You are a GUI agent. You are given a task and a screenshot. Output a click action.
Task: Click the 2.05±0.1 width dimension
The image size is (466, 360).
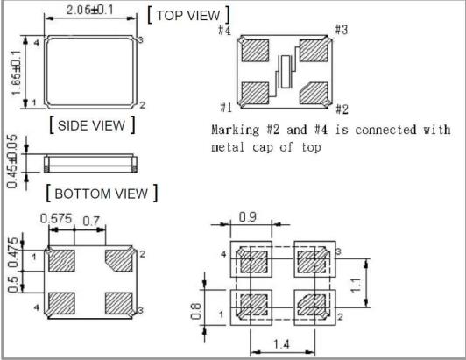89,10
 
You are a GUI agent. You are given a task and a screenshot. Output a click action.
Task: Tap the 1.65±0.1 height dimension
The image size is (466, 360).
16,73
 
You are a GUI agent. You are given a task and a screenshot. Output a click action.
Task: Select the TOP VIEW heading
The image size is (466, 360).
188,15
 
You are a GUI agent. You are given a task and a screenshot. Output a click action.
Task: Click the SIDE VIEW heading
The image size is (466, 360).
91,125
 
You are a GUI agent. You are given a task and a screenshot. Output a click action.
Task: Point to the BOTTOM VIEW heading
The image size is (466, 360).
102,194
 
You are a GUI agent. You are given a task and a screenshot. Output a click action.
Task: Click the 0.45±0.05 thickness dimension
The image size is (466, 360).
12,161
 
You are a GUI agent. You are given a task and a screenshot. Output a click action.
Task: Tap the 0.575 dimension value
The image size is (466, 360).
56,218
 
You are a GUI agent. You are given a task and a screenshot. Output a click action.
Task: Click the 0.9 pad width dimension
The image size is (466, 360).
248,217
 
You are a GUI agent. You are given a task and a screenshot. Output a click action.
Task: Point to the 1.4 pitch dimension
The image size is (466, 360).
281,344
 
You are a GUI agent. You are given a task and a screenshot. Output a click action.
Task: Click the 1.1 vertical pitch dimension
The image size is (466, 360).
355,286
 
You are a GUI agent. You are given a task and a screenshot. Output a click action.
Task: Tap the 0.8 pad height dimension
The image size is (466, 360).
195,311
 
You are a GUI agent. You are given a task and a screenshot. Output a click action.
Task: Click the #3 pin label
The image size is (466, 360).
342,30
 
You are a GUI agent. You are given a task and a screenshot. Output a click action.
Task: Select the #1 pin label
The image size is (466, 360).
226,108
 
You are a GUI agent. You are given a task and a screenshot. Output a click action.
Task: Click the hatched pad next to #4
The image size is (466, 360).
255,51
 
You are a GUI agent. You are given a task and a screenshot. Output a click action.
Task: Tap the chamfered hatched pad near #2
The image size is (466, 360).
314,93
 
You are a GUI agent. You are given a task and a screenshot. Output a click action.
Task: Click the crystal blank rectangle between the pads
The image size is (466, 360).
286,72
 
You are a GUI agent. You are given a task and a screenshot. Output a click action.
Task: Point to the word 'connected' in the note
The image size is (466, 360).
385,130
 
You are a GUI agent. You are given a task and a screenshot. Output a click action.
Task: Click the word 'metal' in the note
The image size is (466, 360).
228,147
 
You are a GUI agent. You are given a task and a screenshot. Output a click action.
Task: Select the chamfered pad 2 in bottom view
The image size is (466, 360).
119,260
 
